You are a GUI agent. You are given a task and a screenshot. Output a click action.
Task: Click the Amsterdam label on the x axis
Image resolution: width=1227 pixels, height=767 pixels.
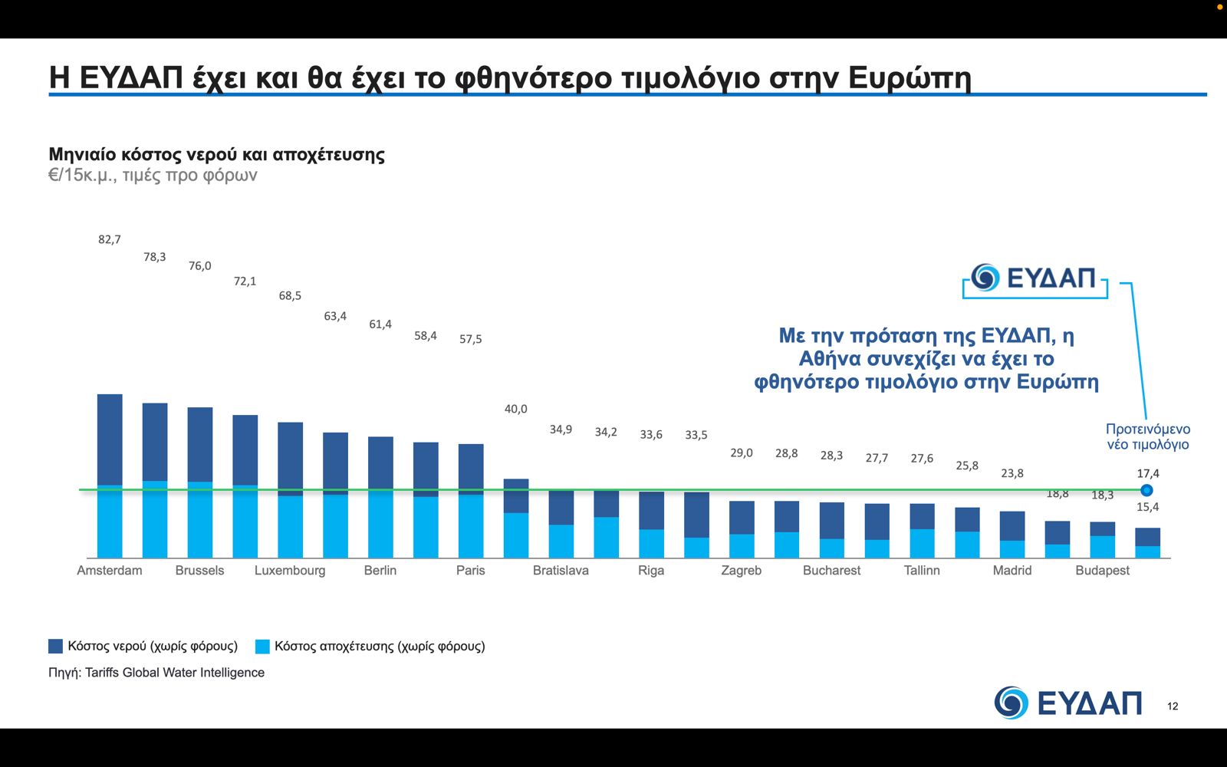110,571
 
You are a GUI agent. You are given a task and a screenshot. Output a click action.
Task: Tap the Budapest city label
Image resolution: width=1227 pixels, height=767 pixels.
1102,571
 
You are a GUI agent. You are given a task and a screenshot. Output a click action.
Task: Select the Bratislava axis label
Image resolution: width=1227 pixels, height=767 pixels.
561,571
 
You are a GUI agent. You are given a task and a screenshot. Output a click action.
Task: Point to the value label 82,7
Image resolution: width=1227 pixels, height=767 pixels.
110,239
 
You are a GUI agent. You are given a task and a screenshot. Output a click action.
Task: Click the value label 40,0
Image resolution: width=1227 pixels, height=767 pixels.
515,409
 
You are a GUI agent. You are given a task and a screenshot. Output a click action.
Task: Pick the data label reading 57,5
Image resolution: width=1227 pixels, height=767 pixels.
471,339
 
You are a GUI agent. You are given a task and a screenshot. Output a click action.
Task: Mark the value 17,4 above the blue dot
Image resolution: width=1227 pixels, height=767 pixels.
1148,473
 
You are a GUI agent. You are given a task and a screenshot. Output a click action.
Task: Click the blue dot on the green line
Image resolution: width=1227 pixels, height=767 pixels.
1146,490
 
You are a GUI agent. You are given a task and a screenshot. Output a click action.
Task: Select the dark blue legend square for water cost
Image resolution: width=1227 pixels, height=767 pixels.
55,646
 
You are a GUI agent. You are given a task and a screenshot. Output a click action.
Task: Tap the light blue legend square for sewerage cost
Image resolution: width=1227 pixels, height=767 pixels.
262,646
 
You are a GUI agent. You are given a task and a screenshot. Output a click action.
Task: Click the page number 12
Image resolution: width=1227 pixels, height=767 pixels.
1173,706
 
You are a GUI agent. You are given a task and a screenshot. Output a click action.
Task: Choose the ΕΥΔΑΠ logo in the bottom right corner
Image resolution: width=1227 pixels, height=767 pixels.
1067,703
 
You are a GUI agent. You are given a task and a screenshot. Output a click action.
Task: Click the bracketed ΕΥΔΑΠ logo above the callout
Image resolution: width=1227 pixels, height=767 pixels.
1035,278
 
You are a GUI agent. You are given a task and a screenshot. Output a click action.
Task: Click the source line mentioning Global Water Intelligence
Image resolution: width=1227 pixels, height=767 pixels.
156,673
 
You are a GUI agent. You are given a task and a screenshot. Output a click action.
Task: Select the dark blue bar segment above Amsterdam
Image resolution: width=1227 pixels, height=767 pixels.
110,439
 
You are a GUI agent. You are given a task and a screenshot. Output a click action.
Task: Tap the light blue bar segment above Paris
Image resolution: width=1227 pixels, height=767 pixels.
471,526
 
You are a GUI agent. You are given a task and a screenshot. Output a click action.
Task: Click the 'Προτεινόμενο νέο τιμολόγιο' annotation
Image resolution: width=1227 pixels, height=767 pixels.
1147,436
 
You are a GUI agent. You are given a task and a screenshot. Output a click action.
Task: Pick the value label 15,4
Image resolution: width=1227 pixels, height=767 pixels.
1148,507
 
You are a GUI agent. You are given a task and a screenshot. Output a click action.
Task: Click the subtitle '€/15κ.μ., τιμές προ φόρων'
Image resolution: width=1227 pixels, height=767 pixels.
153,175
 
